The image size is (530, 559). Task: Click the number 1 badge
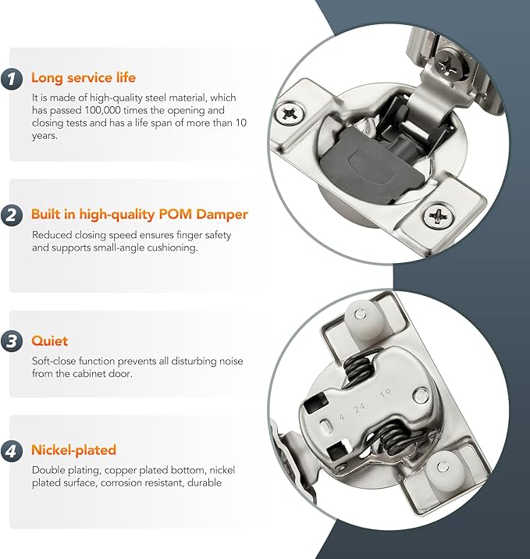(x=12, y=78)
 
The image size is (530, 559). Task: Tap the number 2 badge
(x=12, y=215)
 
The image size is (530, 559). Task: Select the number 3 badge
(x=12, y=341)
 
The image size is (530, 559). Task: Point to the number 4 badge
(x=12, y=450)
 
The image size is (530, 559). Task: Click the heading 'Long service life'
(x=84, y=78)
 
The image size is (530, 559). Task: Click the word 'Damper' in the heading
(x=222, y=214)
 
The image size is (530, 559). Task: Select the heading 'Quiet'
(x=49, y=341)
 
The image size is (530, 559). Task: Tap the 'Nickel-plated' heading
(x=74, y=450)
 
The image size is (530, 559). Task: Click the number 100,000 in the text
(x=103, y=111)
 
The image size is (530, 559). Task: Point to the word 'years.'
(x=44, y=136)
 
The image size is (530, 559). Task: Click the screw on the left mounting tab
(x=290, y=114)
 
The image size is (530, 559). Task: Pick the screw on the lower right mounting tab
(x=439, y=215)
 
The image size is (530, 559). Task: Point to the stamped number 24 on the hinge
(x=360, y=408)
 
